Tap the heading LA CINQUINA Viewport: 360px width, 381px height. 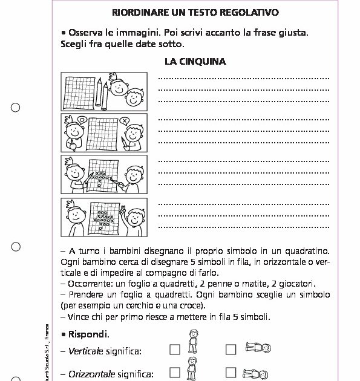click(195, 61)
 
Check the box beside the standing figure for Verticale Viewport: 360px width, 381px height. click(175, 349)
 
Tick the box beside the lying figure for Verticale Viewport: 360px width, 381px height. click(231, 349)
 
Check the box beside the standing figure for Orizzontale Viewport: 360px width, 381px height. click(175, 371)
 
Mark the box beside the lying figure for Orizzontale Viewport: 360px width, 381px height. click(231, 371)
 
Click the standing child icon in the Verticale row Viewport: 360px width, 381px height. click(193, 342)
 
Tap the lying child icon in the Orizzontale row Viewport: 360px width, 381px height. click(254, 373)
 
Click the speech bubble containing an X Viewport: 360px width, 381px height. click(125, 121)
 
